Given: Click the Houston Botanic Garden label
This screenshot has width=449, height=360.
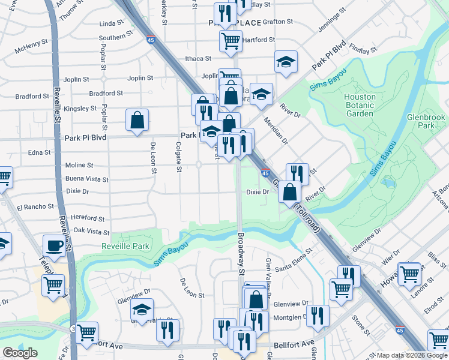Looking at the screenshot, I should [x=360, y=105].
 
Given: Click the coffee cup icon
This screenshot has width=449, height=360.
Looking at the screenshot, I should [x=55, y=245].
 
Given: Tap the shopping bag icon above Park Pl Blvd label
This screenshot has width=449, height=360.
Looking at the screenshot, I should [x=137, y=119].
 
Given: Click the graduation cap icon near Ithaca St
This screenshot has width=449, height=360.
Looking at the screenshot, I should [x=286, y=61].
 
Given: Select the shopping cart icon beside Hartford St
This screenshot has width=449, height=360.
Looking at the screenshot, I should [x=230, y=41].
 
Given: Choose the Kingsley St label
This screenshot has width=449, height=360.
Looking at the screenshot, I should [x=80, y=109].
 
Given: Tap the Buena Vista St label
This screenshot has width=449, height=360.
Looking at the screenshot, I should [x=87, y=179].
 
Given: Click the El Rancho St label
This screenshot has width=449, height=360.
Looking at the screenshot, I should [x=35, y=207].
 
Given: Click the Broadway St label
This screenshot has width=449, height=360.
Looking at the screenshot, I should [x=241, y=254].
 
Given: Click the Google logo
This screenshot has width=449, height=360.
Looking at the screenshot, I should [x=20, y=353].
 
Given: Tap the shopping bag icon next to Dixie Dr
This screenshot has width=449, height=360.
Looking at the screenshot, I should [x=290, y=193].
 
